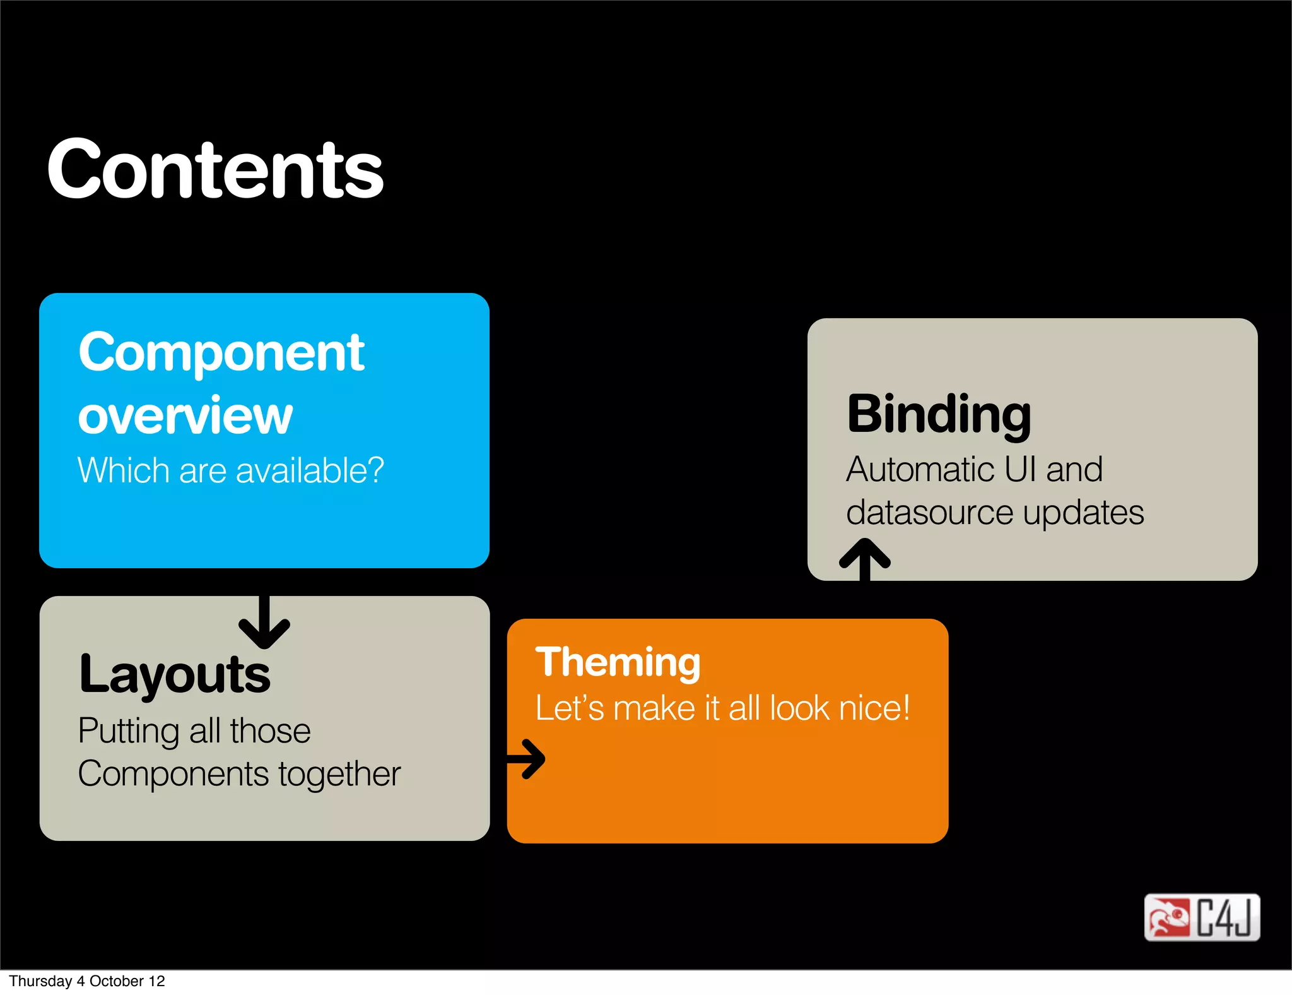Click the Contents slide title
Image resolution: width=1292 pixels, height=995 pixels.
[214, 169]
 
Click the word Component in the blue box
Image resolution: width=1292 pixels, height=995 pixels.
[221, 353]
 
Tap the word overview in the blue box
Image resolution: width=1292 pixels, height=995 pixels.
[185, 415]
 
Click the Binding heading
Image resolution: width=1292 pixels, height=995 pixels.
[938, 415]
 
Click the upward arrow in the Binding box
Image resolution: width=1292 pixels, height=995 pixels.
[864, 558]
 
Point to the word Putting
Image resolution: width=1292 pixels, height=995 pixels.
[129, 731]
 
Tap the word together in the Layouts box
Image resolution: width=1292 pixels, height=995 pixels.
[339, 775]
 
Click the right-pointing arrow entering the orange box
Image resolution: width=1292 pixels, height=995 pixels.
[527, 759]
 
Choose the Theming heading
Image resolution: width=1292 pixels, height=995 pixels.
[618, 662]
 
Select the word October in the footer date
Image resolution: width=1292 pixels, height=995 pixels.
[117, 981]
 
